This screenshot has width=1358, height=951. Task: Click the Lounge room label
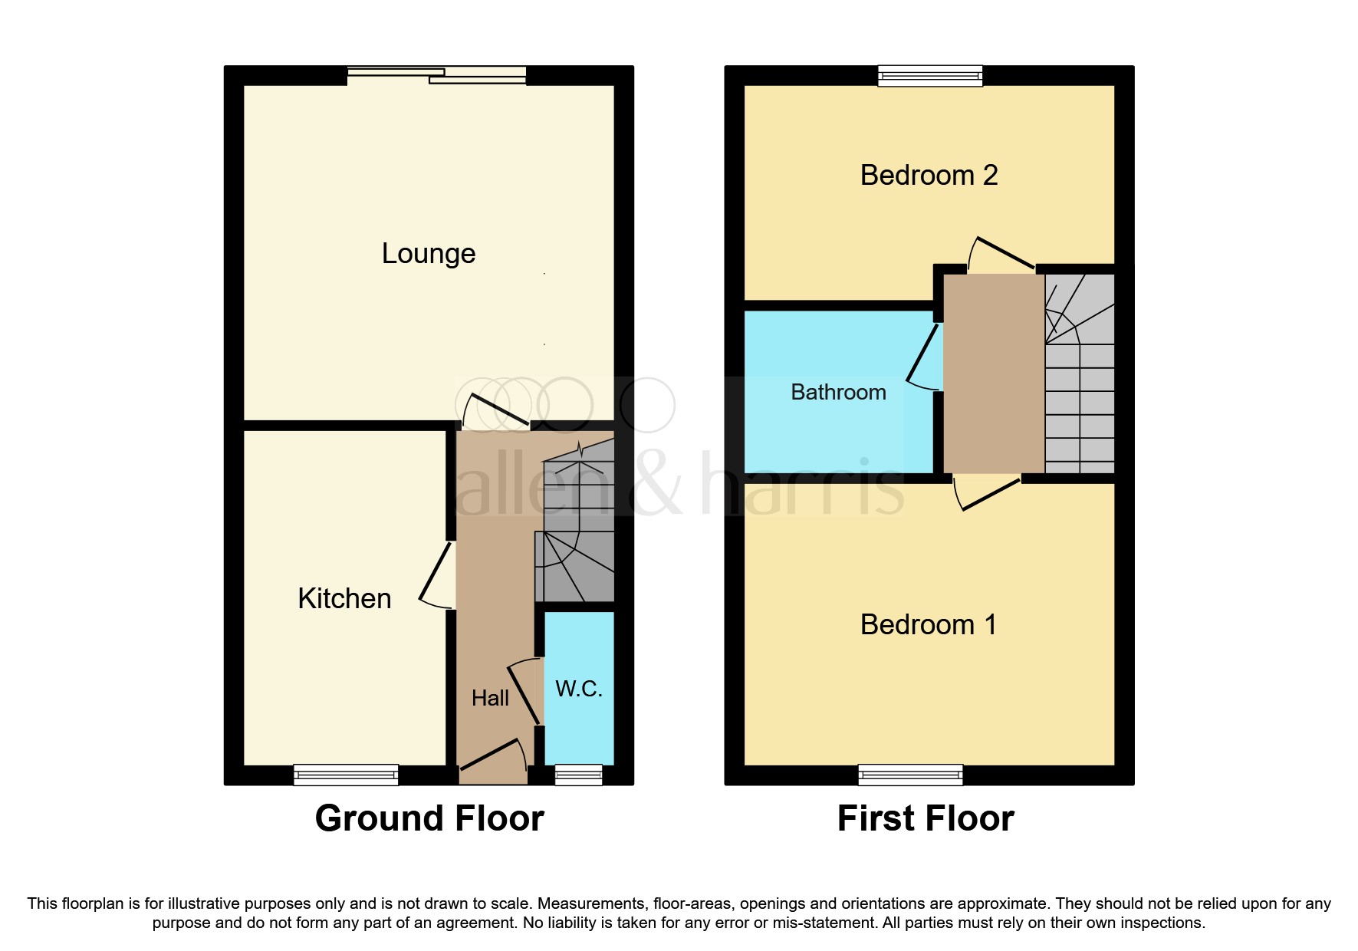pos(429,253)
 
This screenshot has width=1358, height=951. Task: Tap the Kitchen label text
pos(344,598)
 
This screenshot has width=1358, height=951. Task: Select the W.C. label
pos(579,689)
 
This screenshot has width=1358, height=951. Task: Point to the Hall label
pos(490,698)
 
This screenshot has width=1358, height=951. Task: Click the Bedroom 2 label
pos(929,176)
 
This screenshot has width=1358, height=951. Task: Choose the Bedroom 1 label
pos(929,624)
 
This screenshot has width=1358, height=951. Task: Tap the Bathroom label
pos(838,392)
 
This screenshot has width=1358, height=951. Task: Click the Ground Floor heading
pos(429,818)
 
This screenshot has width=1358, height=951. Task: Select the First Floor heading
pos(926,818)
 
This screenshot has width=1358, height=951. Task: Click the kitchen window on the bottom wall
pos(346,775)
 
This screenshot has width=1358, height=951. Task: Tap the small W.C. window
pos(579,775)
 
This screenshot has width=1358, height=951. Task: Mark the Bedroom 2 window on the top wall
pos(930,75)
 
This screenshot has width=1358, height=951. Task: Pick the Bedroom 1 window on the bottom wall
pos(910,775)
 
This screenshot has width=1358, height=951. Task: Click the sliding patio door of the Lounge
pos(437,74)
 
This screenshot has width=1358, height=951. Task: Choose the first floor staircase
pos(1080,376)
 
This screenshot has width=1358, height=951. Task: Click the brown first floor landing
pos(994,374)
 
